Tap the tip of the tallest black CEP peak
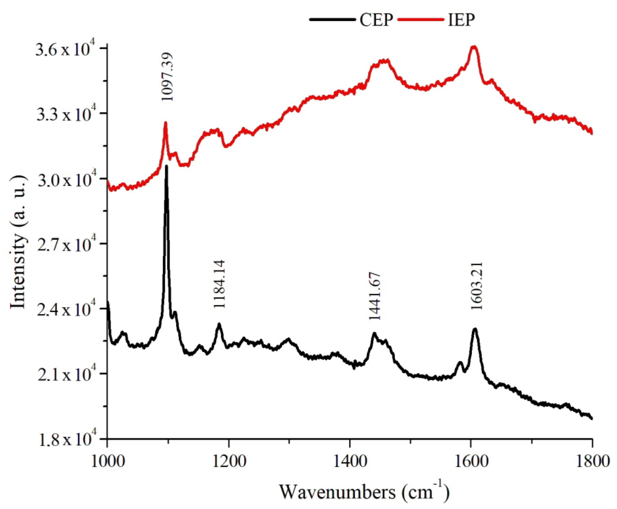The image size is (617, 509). click(167, 166)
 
